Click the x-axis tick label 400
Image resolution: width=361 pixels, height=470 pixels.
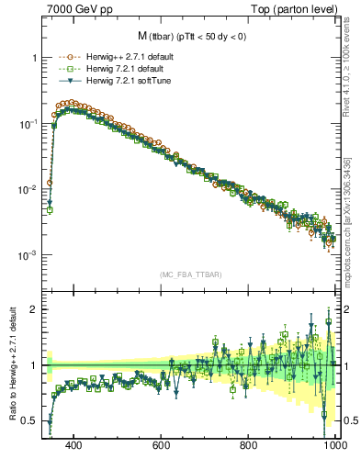click(x=74, y=445)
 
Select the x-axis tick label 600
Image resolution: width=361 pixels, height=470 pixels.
click(x=162, y=445)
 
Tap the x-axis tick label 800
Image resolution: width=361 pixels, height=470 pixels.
click(x=249, y=445)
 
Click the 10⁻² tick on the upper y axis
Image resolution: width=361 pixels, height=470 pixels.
click(x=29, y=189)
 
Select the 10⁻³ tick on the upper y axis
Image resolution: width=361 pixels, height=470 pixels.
click(x=29, y=255)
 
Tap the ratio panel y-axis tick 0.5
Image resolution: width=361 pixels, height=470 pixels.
click(x=30, y=420)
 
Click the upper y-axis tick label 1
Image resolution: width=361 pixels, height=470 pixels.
click(x=35, y=58)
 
